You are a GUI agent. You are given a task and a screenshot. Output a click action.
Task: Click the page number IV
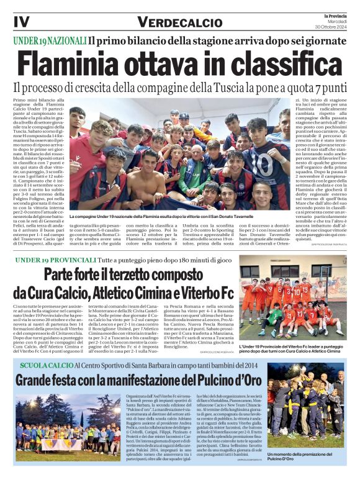coord(20,21)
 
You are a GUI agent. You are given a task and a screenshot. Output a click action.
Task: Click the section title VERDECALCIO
coord(178,22)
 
